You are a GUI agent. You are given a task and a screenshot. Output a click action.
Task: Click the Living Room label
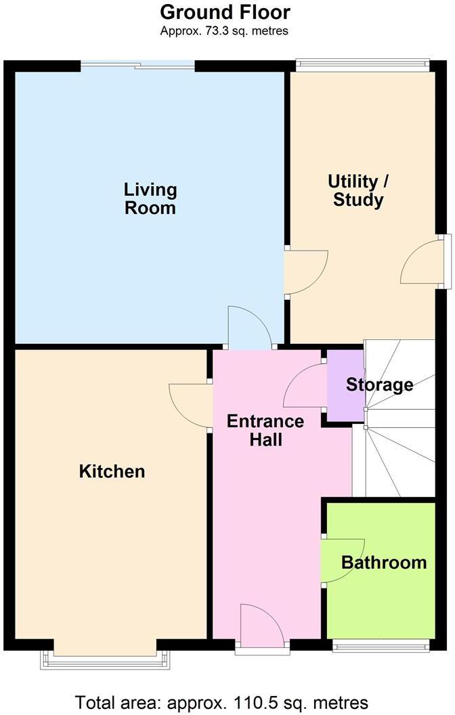click(150, 198)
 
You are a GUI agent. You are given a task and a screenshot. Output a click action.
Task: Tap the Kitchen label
click(112, 471)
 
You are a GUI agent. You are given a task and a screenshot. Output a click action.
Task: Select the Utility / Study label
click(358, 191)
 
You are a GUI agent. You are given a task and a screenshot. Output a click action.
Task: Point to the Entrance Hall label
click(265, 430)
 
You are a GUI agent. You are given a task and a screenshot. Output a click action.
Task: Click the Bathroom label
click(384, 562)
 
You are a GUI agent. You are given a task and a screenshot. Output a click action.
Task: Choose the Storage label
click(380, 385)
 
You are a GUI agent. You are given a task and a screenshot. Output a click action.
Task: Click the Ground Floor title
click(225, 12)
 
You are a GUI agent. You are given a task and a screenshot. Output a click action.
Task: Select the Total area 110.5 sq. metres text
click(221, 702)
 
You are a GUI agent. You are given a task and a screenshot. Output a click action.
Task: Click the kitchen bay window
click(106, 660)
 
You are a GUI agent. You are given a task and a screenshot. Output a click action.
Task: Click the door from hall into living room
click(250, 327)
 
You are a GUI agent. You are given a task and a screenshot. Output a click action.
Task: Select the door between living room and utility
click(305, 272)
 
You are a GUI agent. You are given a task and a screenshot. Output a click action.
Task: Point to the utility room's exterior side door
click(421, 261)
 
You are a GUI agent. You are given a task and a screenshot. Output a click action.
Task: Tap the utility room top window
click(362, 64)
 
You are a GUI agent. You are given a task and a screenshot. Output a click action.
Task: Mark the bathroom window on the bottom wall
click(381, 645)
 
